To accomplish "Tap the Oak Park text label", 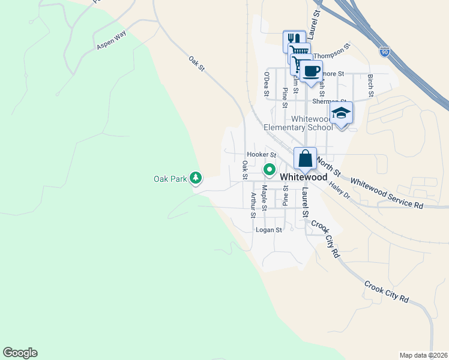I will click(170, 178).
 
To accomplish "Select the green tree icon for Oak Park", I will click(196, 178).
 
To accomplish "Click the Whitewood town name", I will click(304, 178).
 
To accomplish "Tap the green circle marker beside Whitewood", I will click(270, 169).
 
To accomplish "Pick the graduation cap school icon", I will click(341, 113).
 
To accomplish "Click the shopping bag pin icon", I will click(305, 159).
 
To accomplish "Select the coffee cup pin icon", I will click(311, 71).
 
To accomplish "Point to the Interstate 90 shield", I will click(384, 52).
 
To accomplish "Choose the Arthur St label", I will click(253, 205).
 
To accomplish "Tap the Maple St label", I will click(264, 197).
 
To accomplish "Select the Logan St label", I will click(268, 230).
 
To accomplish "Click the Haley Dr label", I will click(339, 190).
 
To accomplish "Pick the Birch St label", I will click(371, 85).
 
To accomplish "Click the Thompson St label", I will click(331, 50).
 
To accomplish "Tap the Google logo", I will click(20, 353).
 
